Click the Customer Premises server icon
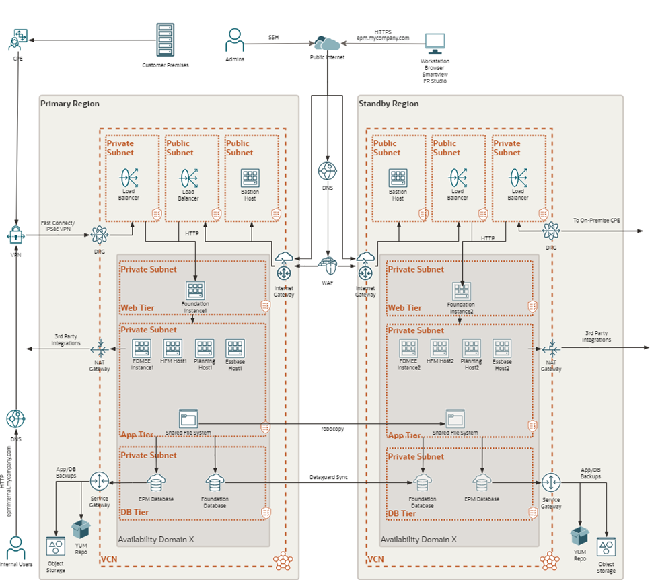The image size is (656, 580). pos(165,41)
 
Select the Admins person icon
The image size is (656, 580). pos(234,40)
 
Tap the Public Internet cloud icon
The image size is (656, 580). pos(327,43)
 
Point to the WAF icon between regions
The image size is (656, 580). pos(328,264)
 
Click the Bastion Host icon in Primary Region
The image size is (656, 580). pos(250,178)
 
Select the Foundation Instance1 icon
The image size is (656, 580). pos(195,291)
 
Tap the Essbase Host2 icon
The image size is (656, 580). pos(502,348)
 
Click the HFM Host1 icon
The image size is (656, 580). pos(172,348)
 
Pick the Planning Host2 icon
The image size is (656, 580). pos(472,348)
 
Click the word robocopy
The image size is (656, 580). pos(332,429)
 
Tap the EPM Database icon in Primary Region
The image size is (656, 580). pos(156,483)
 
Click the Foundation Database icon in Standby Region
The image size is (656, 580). pos(423,483)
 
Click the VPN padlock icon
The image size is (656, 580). pos(15,235)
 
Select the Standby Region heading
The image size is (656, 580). pos(388,104)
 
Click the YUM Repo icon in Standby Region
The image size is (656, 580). pos(579,536)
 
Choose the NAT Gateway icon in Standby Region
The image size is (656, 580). pos(552,349)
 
